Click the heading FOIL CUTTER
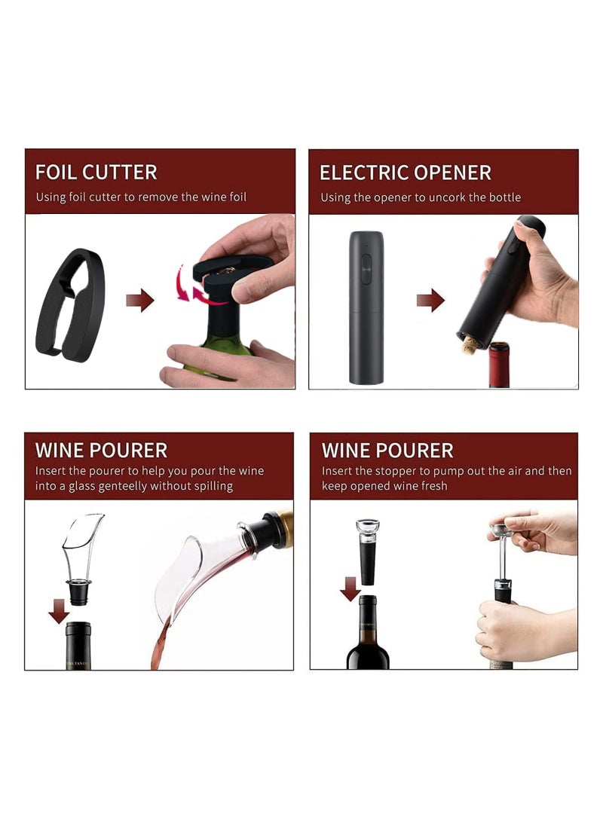(96, 172)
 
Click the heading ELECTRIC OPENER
(405, 173)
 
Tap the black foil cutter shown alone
(70, 304)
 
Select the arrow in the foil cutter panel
(140, 301)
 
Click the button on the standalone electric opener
(366, 267)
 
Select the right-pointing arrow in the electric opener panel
(430, 301)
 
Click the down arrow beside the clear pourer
(59, 610)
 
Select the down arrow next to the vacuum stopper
(350, 588)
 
